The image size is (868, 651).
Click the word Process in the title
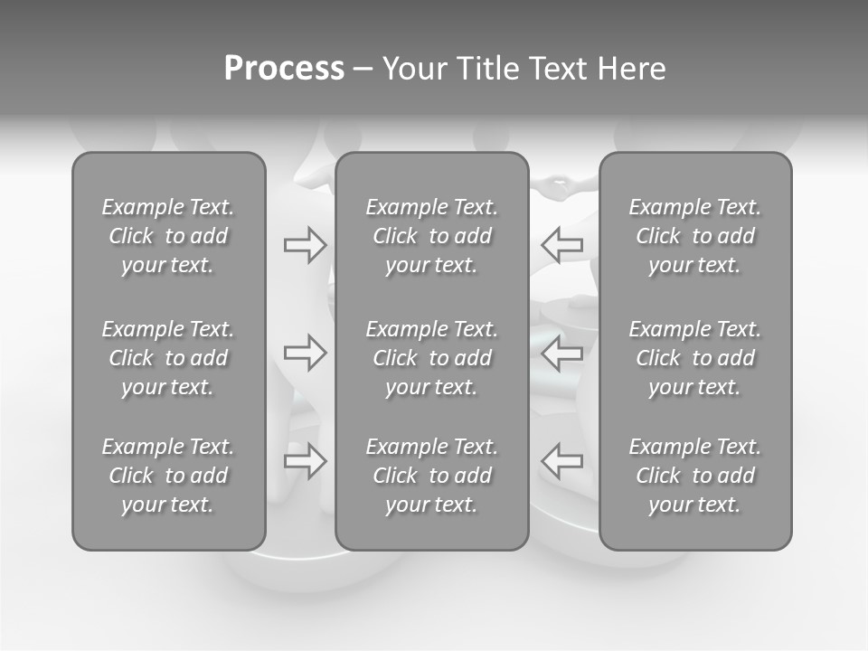(x=284, y=69)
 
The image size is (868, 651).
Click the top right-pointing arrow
(x=305, y=245)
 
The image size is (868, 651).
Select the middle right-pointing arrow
(x=305, y=353)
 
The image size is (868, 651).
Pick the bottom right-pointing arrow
(x=305, y=461)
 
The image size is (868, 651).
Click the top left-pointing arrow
(x=561, y=245)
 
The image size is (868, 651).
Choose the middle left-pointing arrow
(x=561, y=353)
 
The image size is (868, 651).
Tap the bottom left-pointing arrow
(x=561, y=461)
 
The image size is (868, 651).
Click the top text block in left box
(x=168, y=236)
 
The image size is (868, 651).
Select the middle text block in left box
(x=168, y=358)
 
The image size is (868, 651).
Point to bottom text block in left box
(x=168, y=476)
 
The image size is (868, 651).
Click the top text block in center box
(x=431, y=236)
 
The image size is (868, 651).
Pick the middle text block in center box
(x=431, y=358)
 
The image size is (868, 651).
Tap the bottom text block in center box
(x=431, y=476)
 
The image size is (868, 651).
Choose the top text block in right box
(x=694, y=236)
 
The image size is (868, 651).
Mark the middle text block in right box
(x=694, y=358)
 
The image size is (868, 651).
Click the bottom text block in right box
(x=694, y=476)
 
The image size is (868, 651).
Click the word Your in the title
(x=411, y=69)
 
